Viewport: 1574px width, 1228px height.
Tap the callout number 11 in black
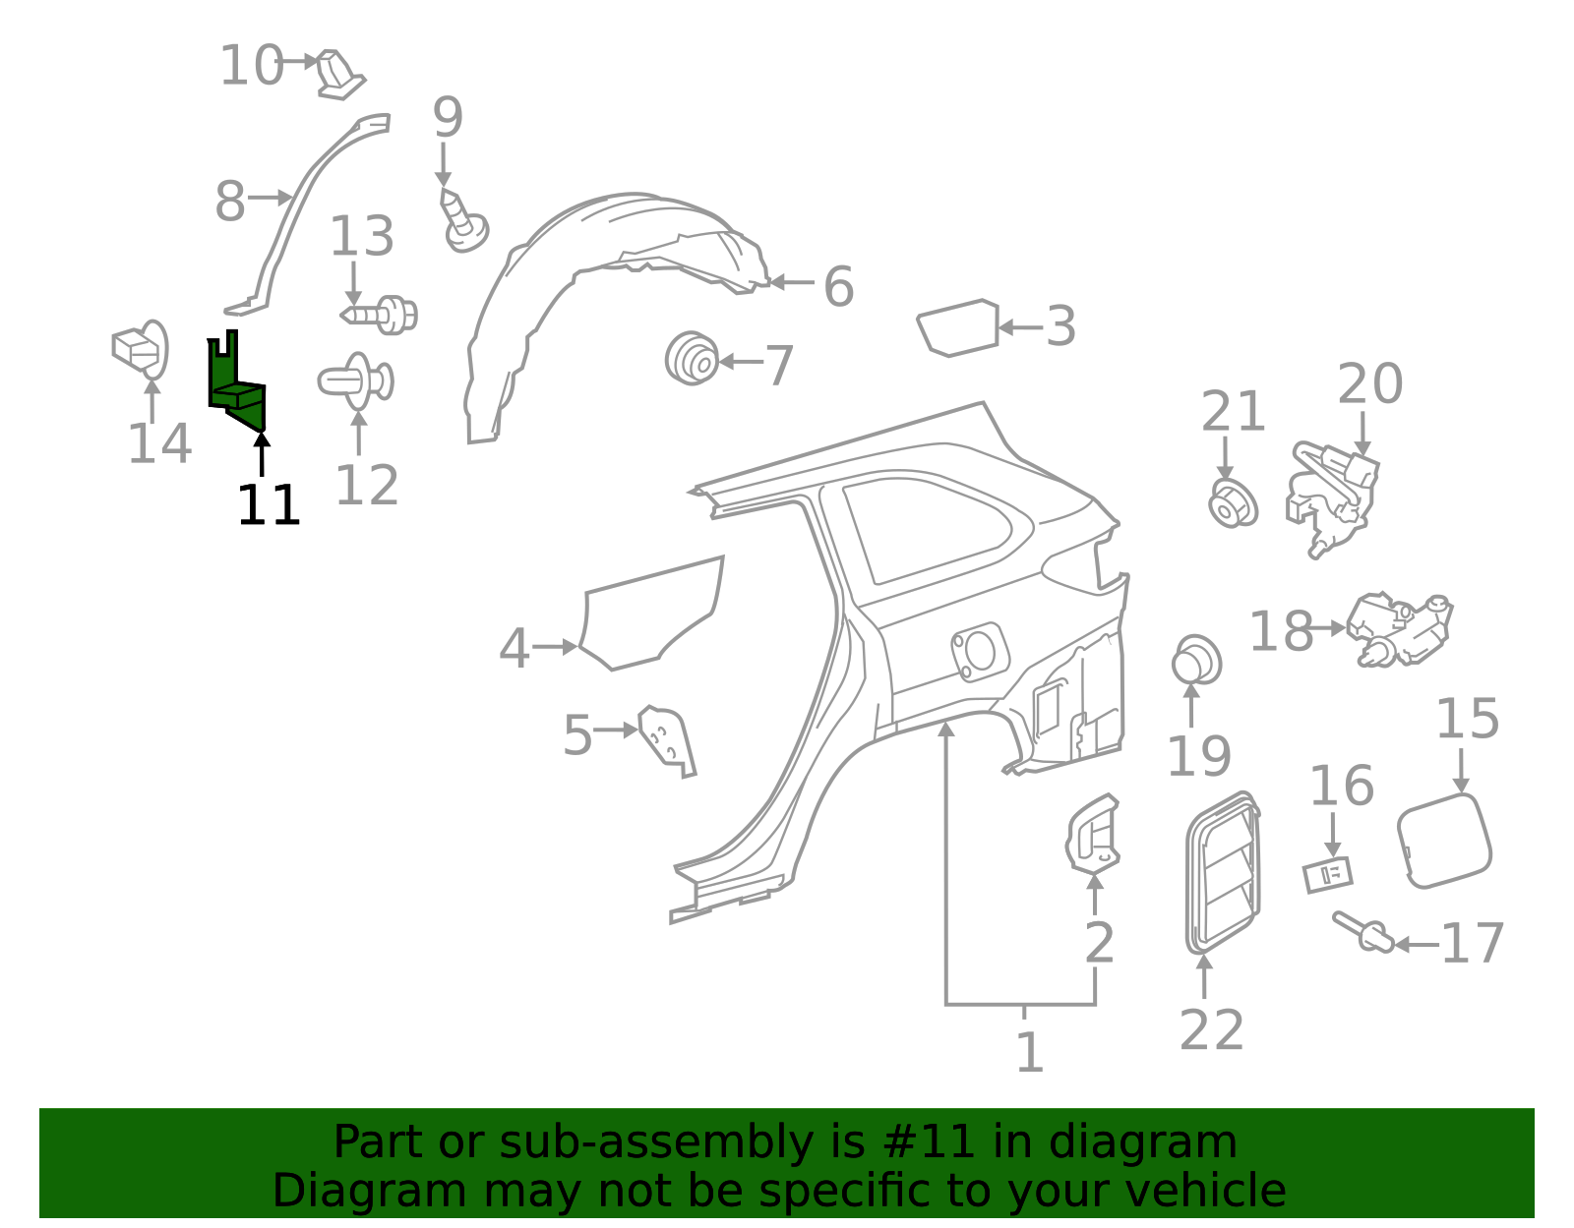pyautogui.click(x=268, y=504)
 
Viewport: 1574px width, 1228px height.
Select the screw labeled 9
pyautogui.click(x=463, y=220)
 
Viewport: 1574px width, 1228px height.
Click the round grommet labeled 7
pyautogui.click(x=693, y=359)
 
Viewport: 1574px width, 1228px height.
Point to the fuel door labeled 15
pyautogui.click(x=1443, y=841)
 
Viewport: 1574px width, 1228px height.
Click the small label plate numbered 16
pyautogui.click(x=1328, y=875)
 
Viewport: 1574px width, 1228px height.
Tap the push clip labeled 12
pyautogui.click(x=356, y=381)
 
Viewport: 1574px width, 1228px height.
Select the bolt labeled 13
pyautogui.click(x=380, y=315)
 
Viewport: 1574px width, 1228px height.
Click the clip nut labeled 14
pyautogui.click(x=141, y=349)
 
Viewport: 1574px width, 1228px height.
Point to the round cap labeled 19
pyautogui.click(x=1196, y=660)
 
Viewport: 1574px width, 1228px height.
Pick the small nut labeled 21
pyautogui.click(x=1233, y=503)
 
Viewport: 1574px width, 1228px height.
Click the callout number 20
pyautogui.click(x=1369, y=384)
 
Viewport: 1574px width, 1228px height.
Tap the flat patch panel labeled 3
pyautogui.click(x=957, y=327)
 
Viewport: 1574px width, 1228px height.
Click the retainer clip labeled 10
pyautogui.click(x=339, y=74)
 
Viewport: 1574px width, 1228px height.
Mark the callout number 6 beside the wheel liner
pyautogui.click(x=839, y=286)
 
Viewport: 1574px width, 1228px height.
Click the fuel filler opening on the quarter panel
pyautogui.click(x=979, y=651)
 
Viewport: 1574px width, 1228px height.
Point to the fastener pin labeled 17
pyautogui.click(x=1362, y=933)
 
